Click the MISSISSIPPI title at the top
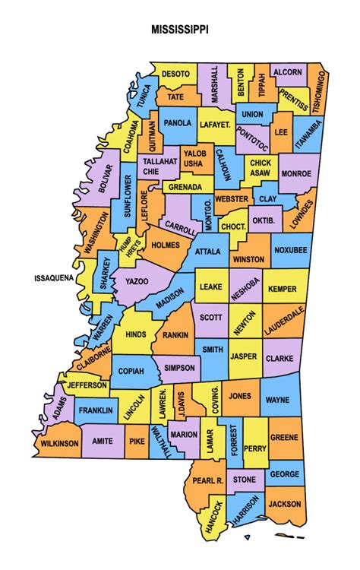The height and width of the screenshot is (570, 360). coord(180,30)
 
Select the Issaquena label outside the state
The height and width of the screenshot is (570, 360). coord(54,278)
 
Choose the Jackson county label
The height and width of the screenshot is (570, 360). coord(285,504)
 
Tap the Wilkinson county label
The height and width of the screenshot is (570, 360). coord(60,443)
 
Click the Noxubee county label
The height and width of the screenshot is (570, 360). coord(289,249)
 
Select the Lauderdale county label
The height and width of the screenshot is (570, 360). coord(284,321)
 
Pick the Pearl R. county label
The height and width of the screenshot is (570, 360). coord(207,481)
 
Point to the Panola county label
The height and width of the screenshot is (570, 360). coord(178,122)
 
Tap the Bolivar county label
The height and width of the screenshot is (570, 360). coord(106,180)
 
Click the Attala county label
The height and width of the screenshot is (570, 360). coord(208,251)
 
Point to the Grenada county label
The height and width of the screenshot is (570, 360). coord(185,186)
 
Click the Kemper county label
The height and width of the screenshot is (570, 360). coord(283,290)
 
